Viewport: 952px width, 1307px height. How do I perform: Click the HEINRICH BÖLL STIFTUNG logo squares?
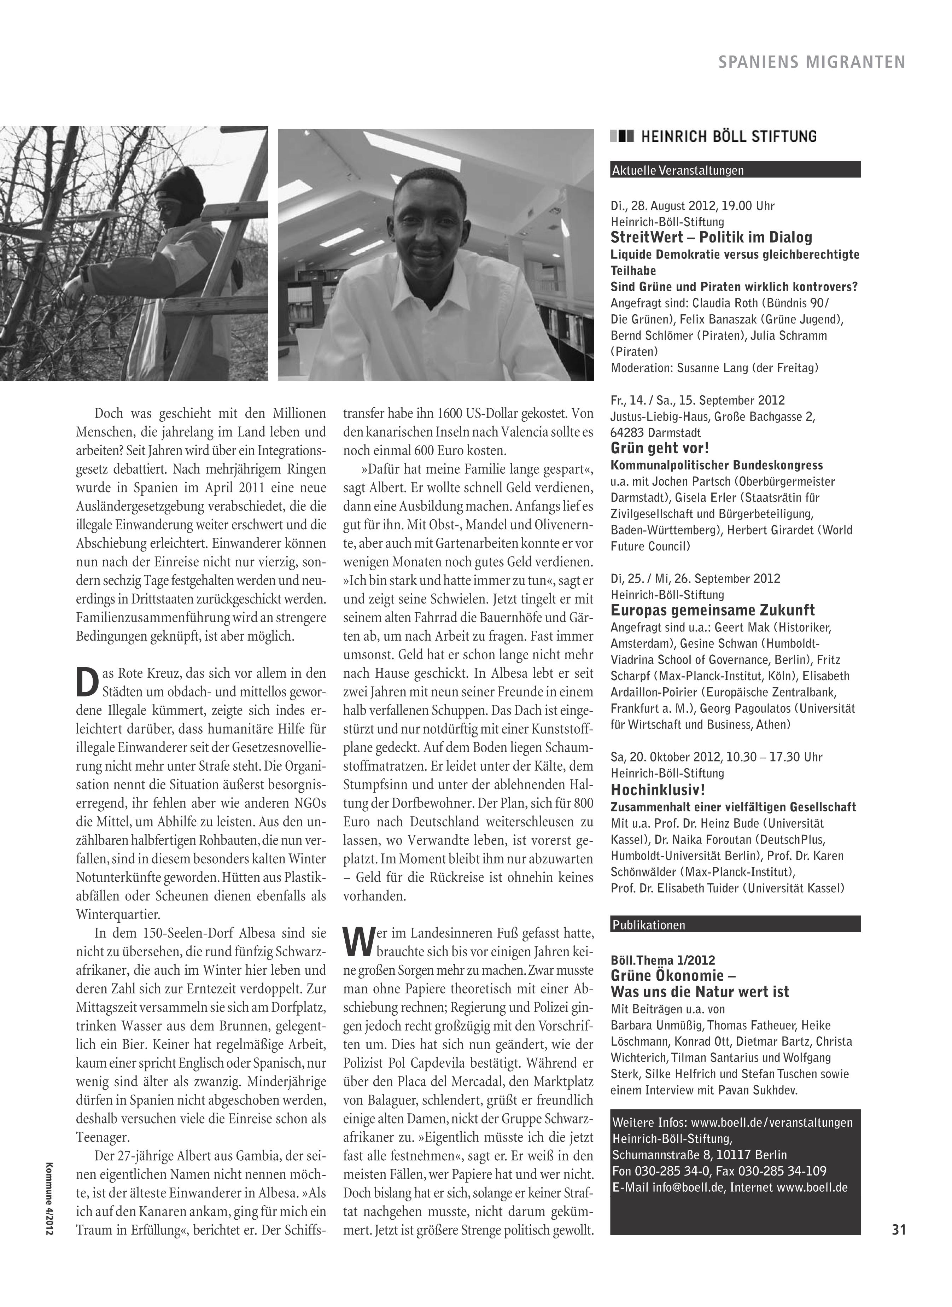(623, 136)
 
